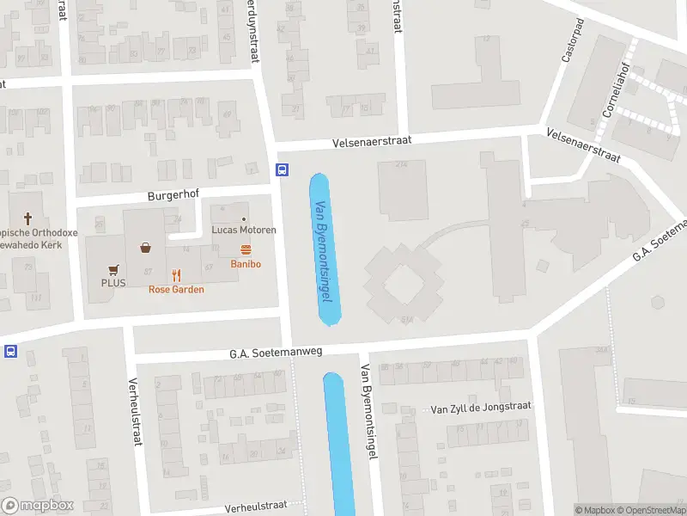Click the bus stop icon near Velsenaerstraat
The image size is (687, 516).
(281, 169)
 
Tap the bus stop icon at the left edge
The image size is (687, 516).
(10, 351)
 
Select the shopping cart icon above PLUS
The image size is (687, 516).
(112, 268)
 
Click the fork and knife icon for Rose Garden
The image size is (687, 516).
(176, 275)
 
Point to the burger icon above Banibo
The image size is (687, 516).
(246, 250)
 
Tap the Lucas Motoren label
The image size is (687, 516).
(244, 230)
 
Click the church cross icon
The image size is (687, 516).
(27, 219)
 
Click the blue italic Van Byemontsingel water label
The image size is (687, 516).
(323, 251)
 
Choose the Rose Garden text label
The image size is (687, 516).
(176, 290)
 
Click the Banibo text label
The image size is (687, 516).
(246, 264)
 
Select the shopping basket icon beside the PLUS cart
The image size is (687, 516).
(147, 249)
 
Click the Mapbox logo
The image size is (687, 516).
(38, 506)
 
